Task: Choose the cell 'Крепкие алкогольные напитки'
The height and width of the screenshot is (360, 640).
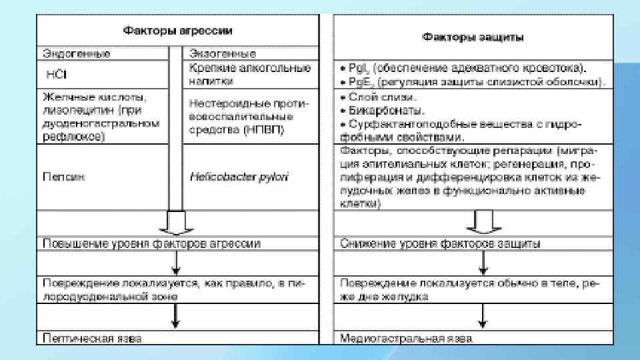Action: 249,73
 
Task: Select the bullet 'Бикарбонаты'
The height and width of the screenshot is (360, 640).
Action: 383,109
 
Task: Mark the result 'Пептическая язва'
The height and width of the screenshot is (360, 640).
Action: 92,338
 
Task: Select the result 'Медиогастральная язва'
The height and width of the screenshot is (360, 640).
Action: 406,338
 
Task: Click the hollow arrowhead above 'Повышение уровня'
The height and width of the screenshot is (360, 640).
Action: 176,223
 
